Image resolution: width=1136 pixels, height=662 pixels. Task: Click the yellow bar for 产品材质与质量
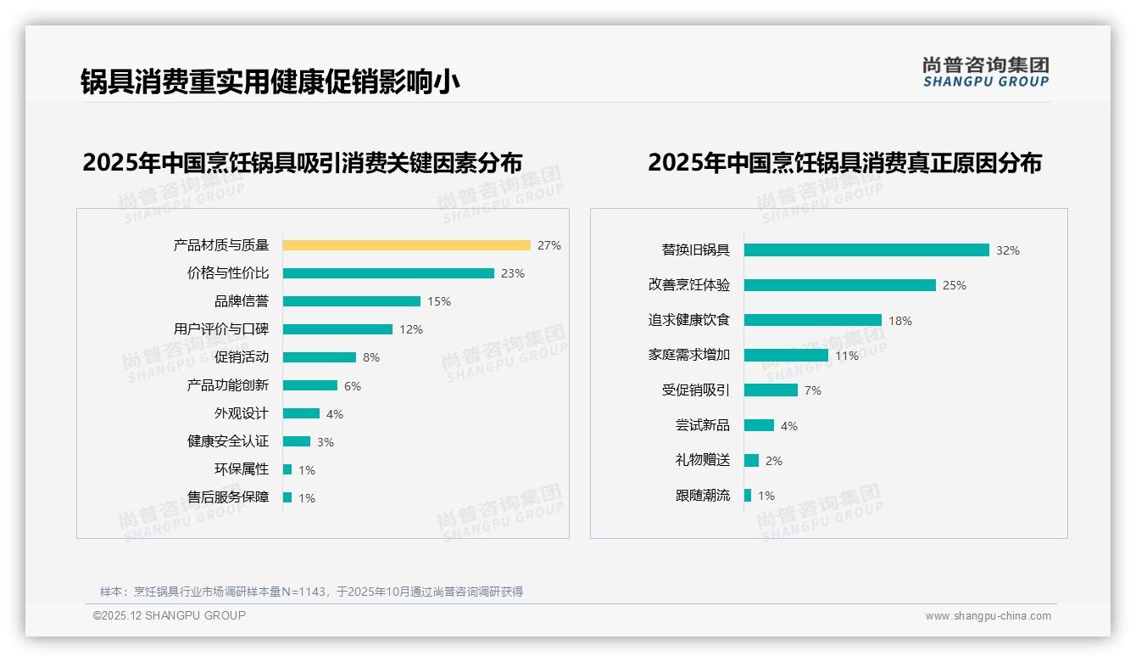pyautogui.click(x=406, y=245)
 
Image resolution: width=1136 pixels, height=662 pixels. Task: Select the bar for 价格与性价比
pyautogui.click(x=388, y=273)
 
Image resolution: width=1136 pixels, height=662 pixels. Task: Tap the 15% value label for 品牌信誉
pyautogui.click(x=439, y=301)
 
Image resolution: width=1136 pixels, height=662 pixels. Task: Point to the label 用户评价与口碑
pyautogui.click(x=220, y=329)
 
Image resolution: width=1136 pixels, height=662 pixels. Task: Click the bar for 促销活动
pyautogui.click(x=319, y=357)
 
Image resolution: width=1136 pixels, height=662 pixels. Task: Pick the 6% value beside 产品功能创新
pyautogui.click(x=353, y=386)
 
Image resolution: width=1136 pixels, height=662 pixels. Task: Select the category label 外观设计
pyautogui.click(x=241, y=413)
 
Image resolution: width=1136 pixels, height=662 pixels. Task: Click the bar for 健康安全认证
pyautogui.click(x=296, y=441)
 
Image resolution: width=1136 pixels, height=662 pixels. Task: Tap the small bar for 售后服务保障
pyautogui.click(x=287, y=497)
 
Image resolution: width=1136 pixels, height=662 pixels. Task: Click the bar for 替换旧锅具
pyautogui.click(x=866, y=250)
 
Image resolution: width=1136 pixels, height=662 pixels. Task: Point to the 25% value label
pyautogui.click(x=955, y=285)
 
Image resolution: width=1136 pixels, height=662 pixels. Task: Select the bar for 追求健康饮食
pyautogui.click(x=812, y=320)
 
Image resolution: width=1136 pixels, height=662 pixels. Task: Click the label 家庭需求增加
pyautogui.click(x=688, y=355)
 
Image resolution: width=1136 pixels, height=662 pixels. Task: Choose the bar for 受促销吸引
pyautogui.click(x=771, y=390)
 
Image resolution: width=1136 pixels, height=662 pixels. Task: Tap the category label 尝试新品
pyautogui.click(x=702, y=425)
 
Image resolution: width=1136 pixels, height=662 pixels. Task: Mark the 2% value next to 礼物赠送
pyautogui.click(x=774, y=461)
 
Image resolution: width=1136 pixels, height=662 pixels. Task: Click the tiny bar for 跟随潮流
pyautogui.click(x=748, y=496)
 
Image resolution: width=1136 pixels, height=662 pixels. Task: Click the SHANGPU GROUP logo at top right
pyautogui.click(x=986, y=72)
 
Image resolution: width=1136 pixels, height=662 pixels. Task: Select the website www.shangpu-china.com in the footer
pyautogui.click(x=988, y=616)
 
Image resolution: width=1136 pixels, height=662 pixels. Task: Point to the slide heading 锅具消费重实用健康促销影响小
pyautogui.click(x=270, y=81)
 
